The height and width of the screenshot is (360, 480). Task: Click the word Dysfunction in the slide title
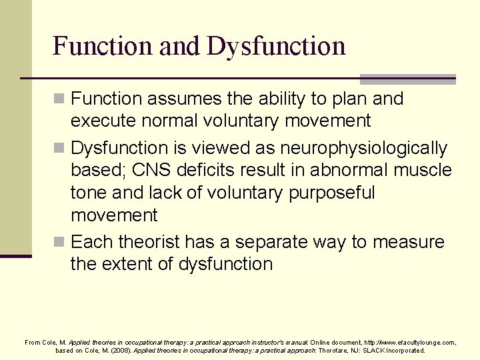click(276, 46)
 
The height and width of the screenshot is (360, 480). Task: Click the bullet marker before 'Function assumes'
click(61, 99)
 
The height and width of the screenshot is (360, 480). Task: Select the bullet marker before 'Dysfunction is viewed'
click(61, 148)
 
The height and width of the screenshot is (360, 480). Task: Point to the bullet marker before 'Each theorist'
click(61, 242)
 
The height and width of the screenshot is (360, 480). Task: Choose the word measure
click(408, 241)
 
